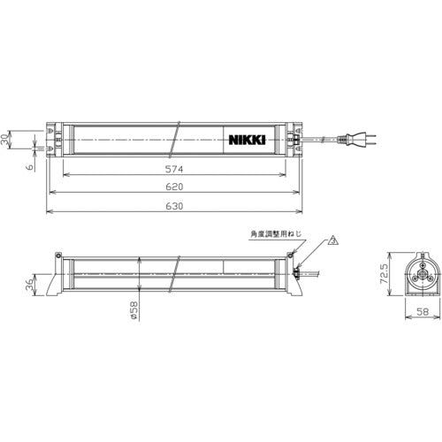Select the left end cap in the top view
pyautogui.click(x=55, y=139)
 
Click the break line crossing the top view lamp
pyautogui.click(x=179, y=139)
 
